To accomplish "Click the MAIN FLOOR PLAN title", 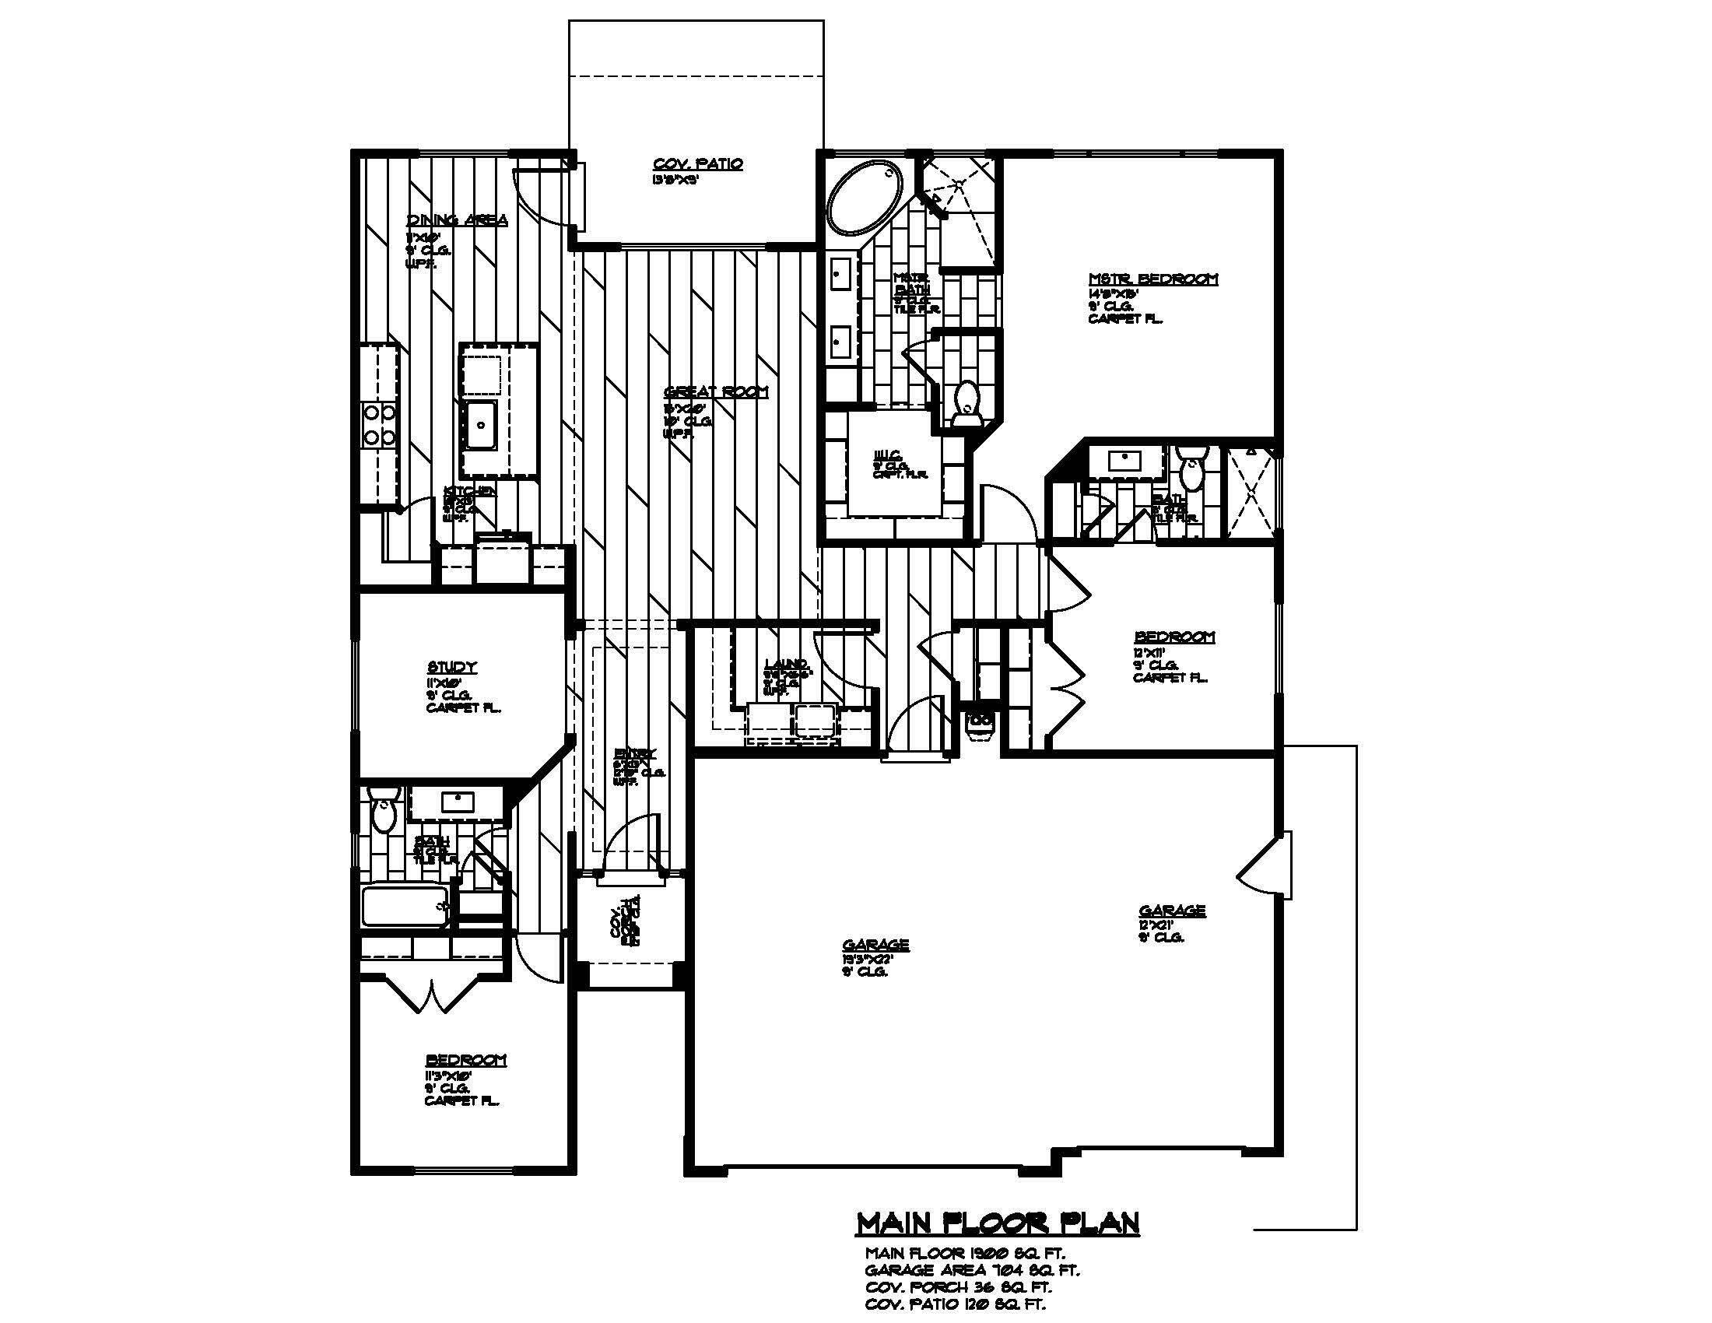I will [x=997, y=1223].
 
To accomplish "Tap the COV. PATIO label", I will [x=698, y=164].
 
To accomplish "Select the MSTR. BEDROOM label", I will [x=1153, y=279].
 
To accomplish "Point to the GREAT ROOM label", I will [x=716, y=392].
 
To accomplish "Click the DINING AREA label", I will [x=456, y=220].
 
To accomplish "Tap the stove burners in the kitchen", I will [x=381, y=424].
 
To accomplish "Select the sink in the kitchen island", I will [x=479, y=424].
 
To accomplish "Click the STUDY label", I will [x=452, y=668].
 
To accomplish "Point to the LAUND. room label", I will [x=786, y=665].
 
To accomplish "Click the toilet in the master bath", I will [x=969, y=402].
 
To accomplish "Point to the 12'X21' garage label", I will [x=1171, y=911].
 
